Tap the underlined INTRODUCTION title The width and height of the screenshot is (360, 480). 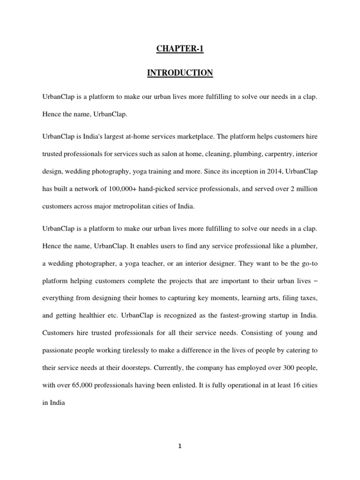[x=180, y=73]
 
